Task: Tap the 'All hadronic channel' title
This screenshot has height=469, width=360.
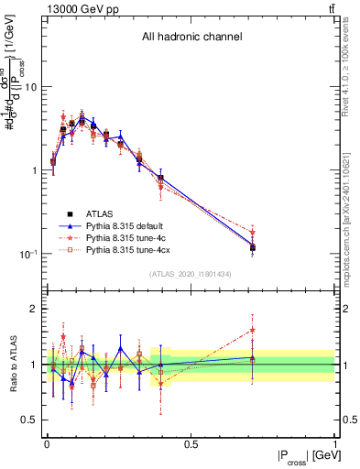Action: point(191,38)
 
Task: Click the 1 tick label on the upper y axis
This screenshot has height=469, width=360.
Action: point(35,171)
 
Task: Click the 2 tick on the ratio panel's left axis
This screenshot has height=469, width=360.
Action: point(35,310)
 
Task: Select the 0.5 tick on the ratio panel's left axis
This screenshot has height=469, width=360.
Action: point(31,420)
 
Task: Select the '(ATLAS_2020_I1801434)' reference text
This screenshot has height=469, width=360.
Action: point(191,275)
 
